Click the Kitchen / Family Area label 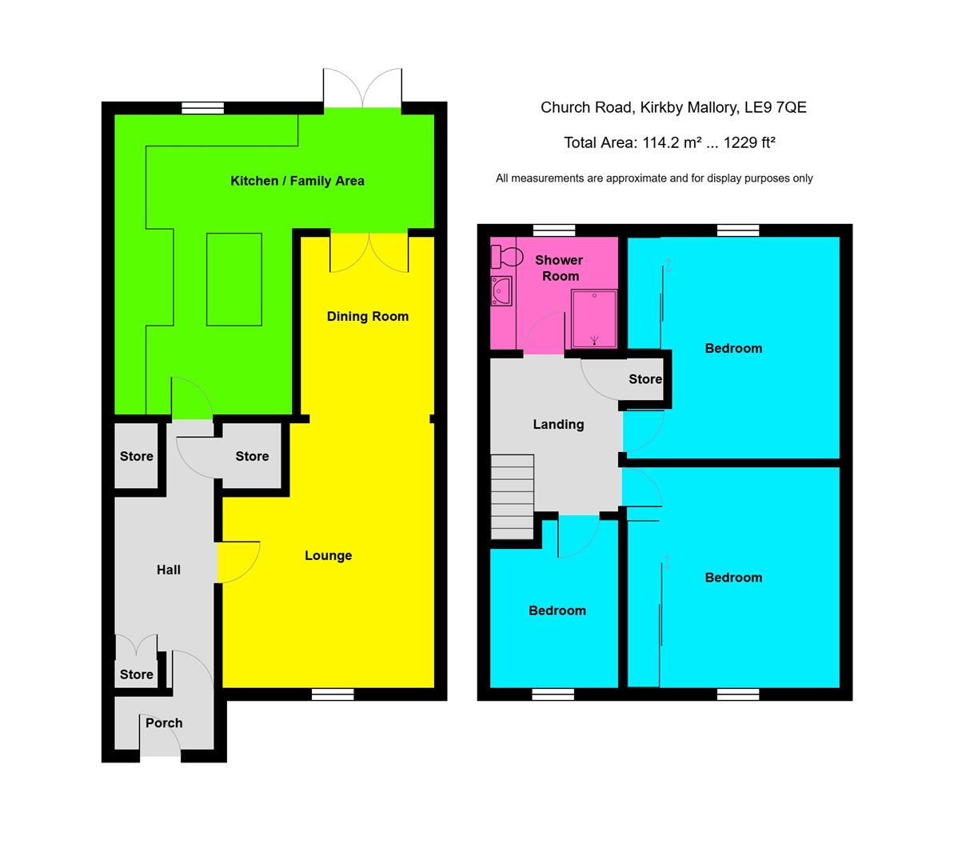[x=297, y=181]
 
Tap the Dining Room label [x=367, y=316]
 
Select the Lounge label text [x=328, y=555]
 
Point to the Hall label [x=168, y=570]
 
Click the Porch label [x=164, y=722]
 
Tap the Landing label [x=558, y=424]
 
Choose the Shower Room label [x=560, y=268]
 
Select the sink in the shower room [x=501, y=291]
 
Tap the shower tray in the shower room [x=593, y=319]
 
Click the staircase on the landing [x=512, y=497]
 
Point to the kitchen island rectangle [x=234, y=278]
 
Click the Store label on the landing [x=645, y=379]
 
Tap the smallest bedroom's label [x=557, y=610]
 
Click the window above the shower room [x=554, y=230]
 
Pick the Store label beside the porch [x=136, y=674]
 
